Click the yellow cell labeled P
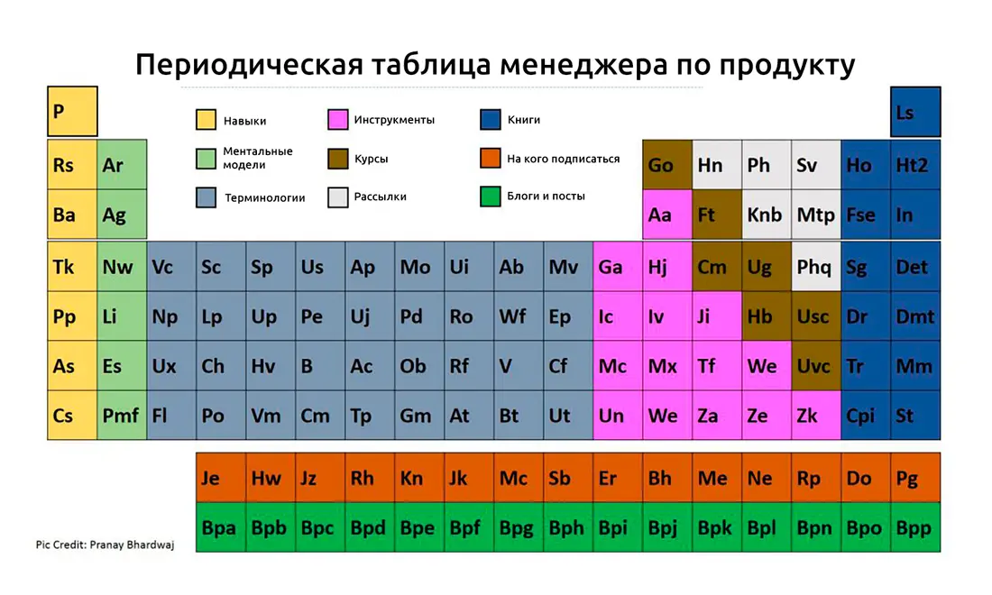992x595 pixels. pyautogui.click(x=72, y=111)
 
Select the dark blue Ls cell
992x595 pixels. pyautogui.click(x=915, y=112)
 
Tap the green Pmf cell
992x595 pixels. pyautogui.click(x=122, y=415)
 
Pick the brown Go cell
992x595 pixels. pyautogui.click(x=667, y=165)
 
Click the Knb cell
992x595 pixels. pyautogui.click(x=767, y=215)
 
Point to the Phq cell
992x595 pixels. pyautogui.click(x=816, y=266)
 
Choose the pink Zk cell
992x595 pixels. pyautogui.click(x=816, y=415)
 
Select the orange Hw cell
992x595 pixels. pyautogui.click(x=271, y=478)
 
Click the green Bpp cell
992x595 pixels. pyautogui.click(x=915, y=527)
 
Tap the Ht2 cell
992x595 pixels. pyautogui.click(x=915, y=165)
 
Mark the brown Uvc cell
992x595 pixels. pyautogui.click(x=816, y=365)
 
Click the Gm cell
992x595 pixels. pyautogui.click(x=419, y=415)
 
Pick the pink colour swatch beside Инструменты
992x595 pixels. pyautogui.click(x=338, y=120)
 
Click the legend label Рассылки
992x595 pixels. pyautogui.click(x=381, y=197)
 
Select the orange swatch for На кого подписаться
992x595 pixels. pyautogui.click(x=491, y=158)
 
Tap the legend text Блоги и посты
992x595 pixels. pyautogui.click(x=546, y=196)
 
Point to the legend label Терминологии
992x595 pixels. pyautogui.click(x=264, y=198)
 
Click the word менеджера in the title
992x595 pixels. pyautogui.click(x=584, y=65)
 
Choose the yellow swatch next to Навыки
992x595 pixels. pyautogui.click(x=207, y=120)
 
